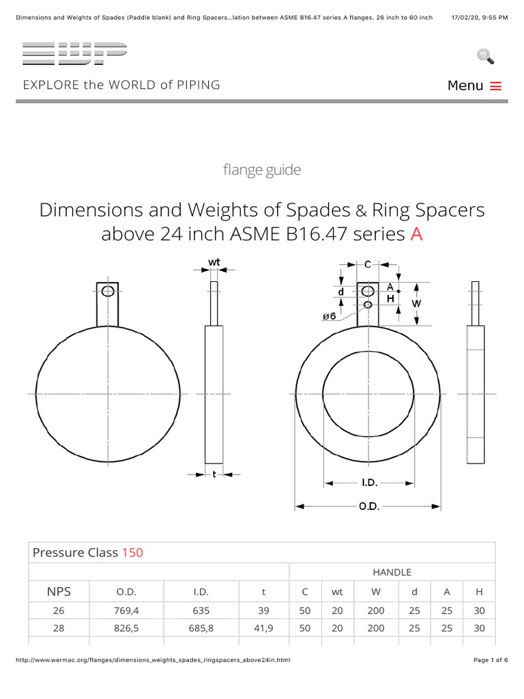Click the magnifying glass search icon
click(485, 57)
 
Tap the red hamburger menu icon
click(496, 86)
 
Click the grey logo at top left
click(74, 53)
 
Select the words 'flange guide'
click(262, 170)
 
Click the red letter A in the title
click(416, 234)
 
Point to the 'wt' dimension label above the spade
click(214, 261)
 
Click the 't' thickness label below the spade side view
click(214, 474)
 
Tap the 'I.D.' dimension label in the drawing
click(368, 483)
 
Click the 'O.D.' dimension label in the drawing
click(368, 507)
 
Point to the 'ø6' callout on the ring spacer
click(328, 316)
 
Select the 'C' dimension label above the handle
click(367, 264)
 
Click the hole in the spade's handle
click(107, 291)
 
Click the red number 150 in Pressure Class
click(132, 552)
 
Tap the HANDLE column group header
click(392, 572)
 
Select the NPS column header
click(58, 591)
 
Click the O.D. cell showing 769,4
click(129, 610)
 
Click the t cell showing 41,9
click(263, 628)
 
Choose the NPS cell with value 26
click(58, 610)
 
